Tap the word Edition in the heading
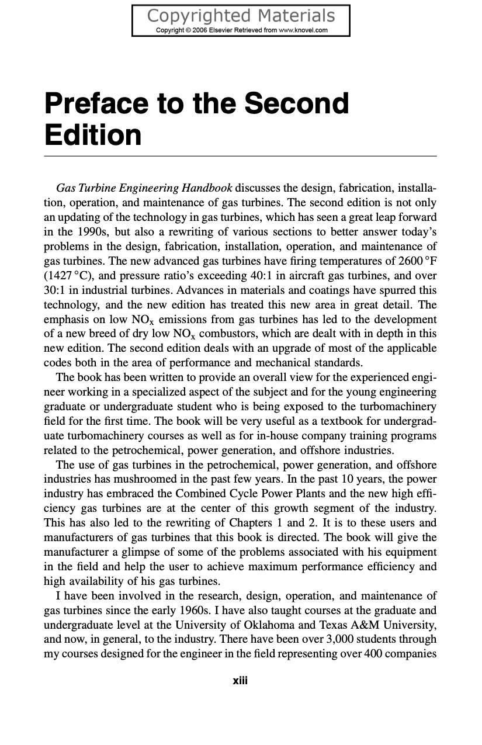(93, 134)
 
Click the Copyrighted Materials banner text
(241, 15)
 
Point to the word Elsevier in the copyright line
(221, 30)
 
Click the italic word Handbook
(207, 188)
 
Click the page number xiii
(241, 681)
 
